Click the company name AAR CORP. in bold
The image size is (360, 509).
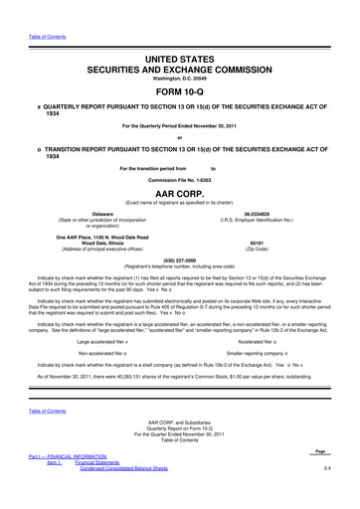click(179, 187)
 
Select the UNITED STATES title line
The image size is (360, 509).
click(179, 37)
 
